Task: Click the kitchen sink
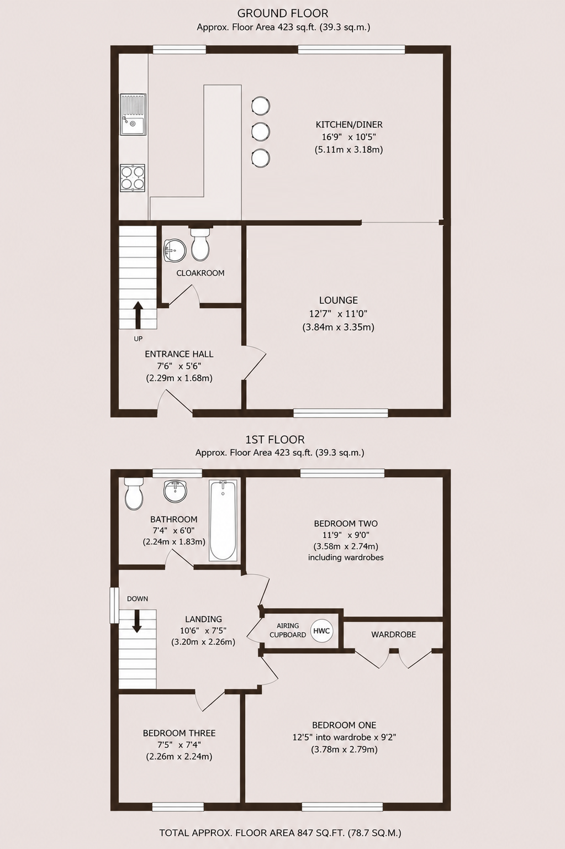coord(134,114)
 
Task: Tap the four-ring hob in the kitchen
coord(133,178)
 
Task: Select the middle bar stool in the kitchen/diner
coord(261,131)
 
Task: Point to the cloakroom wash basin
coord(175,250)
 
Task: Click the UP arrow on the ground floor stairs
coord(138,315)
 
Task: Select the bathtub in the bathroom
coord(223,520)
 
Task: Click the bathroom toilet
coord(134,493)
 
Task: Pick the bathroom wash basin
coord(176,491)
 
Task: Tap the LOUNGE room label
coord(339,300)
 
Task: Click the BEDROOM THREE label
coord(179,734)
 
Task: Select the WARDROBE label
coord(394,635)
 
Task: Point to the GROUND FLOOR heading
coord(283,14)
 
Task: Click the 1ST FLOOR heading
coord(275,440)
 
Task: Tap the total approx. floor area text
coord(280,832)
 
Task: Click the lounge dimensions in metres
coord(339,327)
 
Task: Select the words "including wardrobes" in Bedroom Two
coord(346,557)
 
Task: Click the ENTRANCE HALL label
coord(179,355)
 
